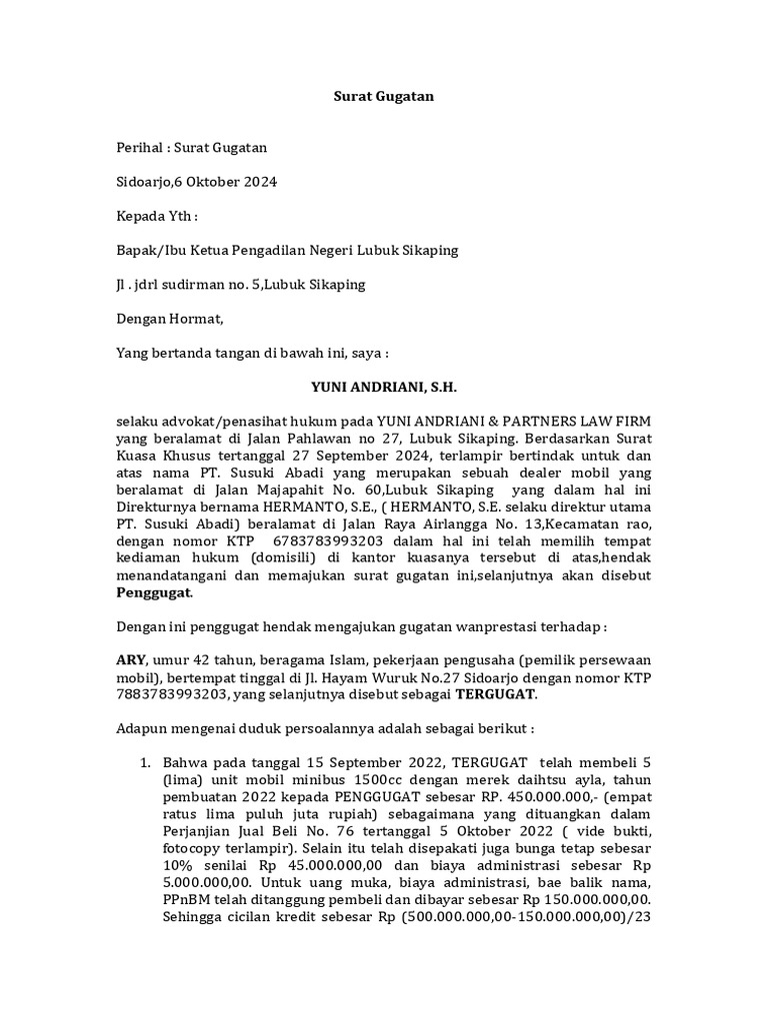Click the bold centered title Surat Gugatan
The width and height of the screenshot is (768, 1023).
(x=383, y=98)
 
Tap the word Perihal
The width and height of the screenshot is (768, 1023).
(x=139, y=149)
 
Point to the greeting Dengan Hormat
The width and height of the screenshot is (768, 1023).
(x=171, y=319)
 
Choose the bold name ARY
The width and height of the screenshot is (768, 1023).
(x=131, y=660)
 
